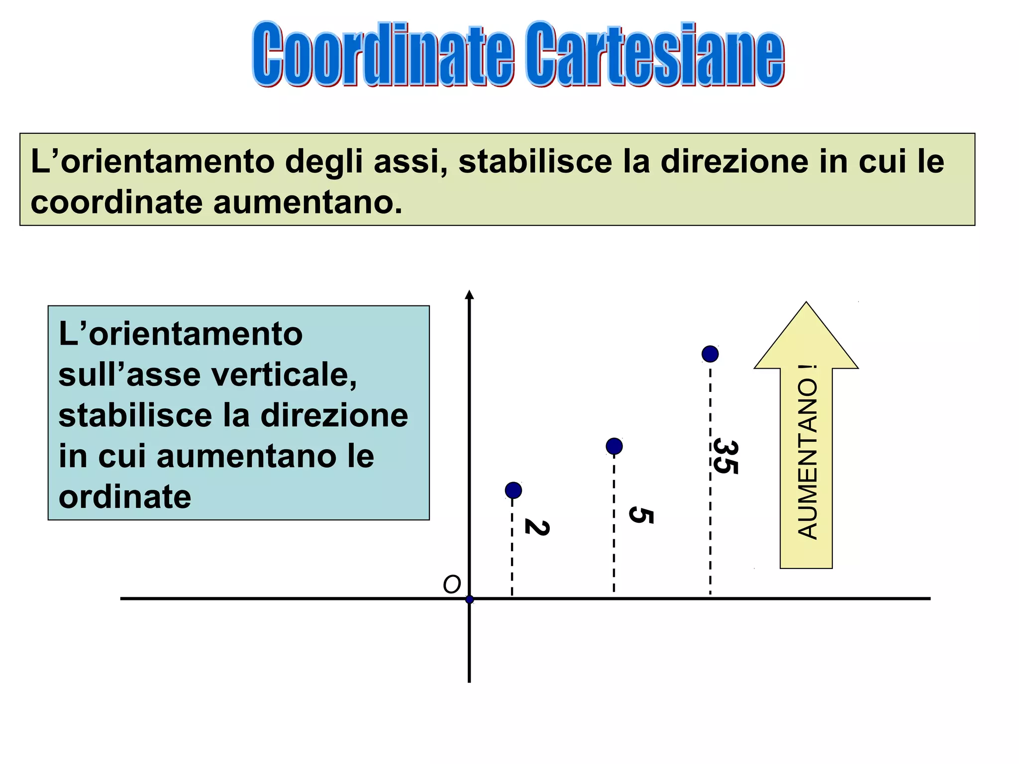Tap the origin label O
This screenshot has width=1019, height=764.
452,585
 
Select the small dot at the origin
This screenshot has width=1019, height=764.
469,599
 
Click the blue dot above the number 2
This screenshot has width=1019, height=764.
513,490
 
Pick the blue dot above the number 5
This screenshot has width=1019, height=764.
614,446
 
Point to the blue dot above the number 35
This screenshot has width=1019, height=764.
710,354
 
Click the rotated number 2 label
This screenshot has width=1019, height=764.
537,528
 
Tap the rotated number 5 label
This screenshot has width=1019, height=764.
640,515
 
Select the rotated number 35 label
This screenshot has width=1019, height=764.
725,456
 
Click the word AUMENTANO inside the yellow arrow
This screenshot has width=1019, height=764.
807,459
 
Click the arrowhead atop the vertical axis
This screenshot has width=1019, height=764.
469,295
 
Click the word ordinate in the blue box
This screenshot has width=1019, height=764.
125,497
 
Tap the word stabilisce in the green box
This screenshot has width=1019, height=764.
535,162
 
